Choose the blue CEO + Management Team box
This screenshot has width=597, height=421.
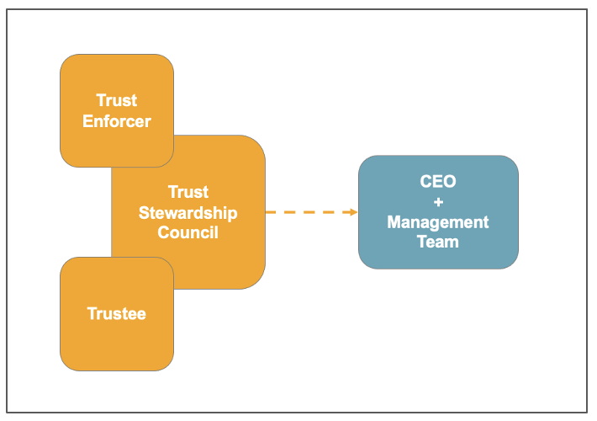point(438,212)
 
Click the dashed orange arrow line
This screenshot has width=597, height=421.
point(307,212)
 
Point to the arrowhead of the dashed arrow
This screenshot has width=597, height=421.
point(353,212)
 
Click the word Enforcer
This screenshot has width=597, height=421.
point(117,121)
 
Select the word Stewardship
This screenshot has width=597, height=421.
point(188,212)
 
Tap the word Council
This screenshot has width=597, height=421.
point(188,232)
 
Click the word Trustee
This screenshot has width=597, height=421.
point(117,314)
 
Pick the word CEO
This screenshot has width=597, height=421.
point(438,182)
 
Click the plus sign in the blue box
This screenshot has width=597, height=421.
point(438,202)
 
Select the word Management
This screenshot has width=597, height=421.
point(438,222)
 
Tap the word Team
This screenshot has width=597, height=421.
point(438,242)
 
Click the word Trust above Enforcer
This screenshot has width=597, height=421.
point(117,101)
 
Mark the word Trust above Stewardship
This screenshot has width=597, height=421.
point(188,192)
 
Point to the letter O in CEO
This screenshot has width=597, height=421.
point(450,182)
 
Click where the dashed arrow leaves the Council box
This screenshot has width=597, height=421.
point(267,212)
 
